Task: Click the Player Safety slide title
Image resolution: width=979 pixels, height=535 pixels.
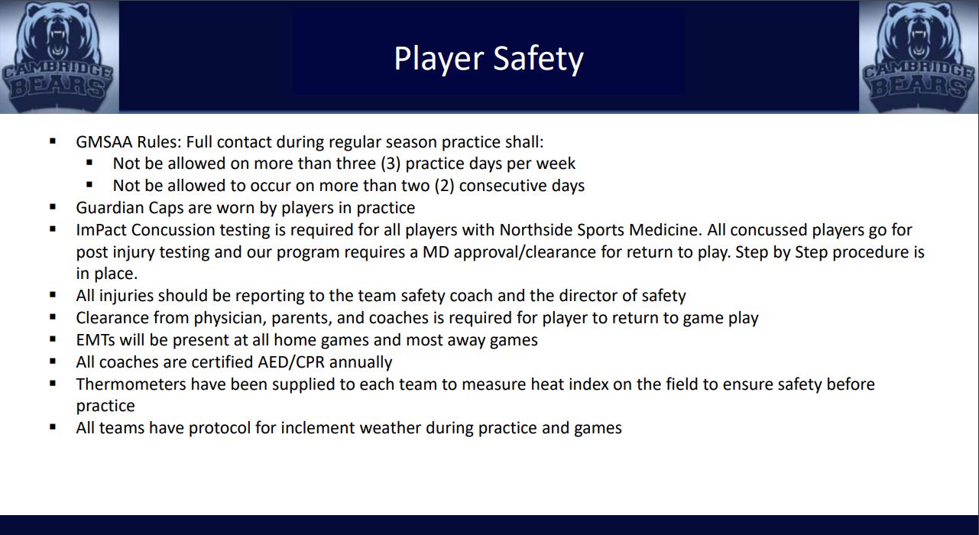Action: pyautogui.click(x=488, y=59)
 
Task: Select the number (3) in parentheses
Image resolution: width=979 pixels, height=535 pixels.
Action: pyautogui.click(x=390, y=164)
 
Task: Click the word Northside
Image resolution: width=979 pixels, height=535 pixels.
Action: pyautogui.click(x=537, y=230)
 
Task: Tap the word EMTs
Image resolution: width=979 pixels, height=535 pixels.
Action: pyautogui.click(x=96, y=340)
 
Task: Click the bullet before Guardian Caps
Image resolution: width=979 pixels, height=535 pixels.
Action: pyautogui.click(x=53, y=207)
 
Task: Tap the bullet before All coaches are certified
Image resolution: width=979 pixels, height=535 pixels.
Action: pyautogui.click(x=53, y=362)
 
